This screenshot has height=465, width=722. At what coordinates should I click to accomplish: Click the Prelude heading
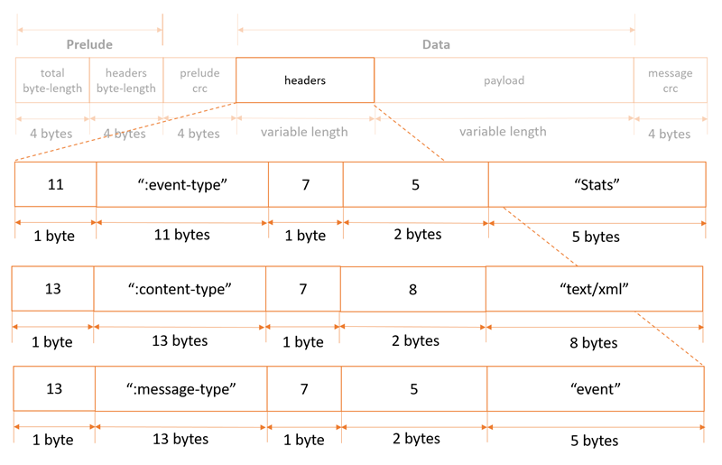89,44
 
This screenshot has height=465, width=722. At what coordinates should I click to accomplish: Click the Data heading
436,44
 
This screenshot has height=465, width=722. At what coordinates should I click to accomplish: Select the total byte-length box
52,80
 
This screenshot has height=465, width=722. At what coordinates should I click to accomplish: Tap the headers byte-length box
125,80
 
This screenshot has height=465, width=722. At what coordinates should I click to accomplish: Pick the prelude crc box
199,80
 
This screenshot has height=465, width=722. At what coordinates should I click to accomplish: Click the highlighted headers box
305,80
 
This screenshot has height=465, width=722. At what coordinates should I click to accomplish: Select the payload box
503,80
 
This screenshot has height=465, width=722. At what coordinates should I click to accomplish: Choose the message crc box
670,80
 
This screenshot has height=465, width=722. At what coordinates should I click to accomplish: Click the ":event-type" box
182,184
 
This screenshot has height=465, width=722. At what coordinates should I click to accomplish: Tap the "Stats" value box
597,184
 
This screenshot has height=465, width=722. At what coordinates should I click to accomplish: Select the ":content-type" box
180,289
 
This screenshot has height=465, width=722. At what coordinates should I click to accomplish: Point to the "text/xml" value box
594,289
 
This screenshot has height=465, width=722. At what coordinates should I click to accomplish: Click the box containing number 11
55,184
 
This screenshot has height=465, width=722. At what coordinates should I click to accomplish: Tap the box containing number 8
413,289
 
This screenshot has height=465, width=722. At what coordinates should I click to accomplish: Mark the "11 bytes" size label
181,235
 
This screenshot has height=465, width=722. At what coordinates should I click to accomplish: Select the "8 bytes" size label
594,342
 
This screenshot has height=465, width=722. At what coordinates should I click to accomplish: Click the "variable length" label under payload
503,132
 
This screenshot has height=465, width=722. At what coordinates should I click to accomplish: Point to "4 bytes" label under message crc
670,134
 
